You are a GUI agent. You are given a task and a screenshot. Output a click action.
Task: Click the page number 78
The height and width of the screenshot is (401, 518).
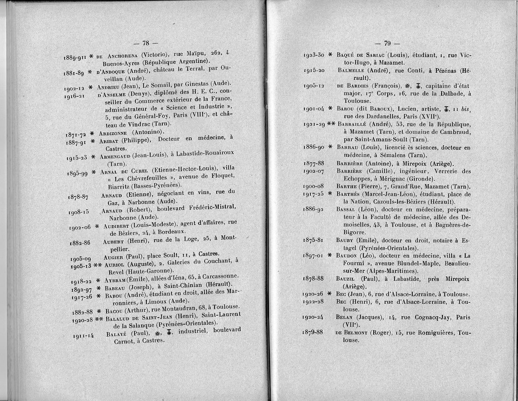(145, 43)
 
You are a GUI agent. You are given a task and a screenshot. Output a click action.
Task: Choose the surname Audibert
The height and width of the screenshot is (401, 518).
(117, 225)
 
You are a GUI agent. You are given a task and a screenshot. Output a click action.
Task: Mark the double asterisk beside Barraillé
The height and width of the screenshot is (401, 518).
(331, 124)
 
